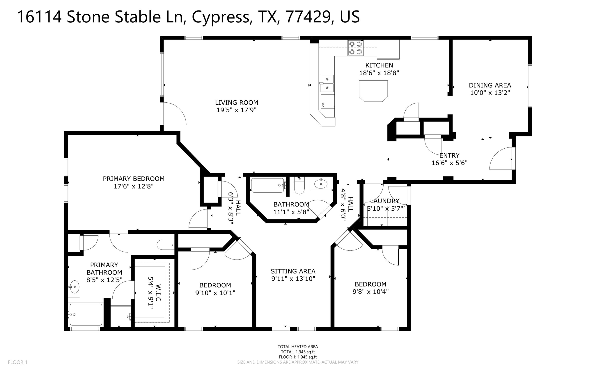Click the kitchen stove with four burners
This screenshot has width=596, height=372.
tap(356, 48)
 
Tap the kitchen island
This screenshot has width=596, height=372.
tap(373, 90)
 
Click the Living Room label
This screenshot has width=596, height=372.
tap(236, 102)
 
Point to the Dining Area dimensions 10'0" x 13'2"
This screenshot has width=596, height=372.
tap(490, 93)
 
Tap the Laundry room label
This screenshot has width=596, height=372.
tap(384, 201)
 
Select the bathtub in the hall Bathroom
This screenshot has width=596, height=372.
tap(267, 185)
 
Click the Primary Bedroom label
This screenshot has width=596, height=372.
tap(134, 179)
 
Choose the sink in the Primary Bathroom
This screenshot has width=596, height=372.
tap(74, 287)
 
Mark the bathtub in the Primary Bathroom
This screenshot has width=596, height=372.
tap(86, 315)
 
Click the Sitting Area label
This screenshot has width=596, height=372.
tap(293, 271)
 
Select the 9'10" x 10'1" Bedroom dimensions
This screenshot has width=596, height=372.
tap(215, 293)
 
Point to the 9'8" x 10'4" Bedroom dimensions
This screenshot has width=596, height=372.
tap(370, 291)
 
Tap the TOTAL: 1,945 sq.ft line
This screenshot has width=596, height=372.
tap(298, 352)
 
